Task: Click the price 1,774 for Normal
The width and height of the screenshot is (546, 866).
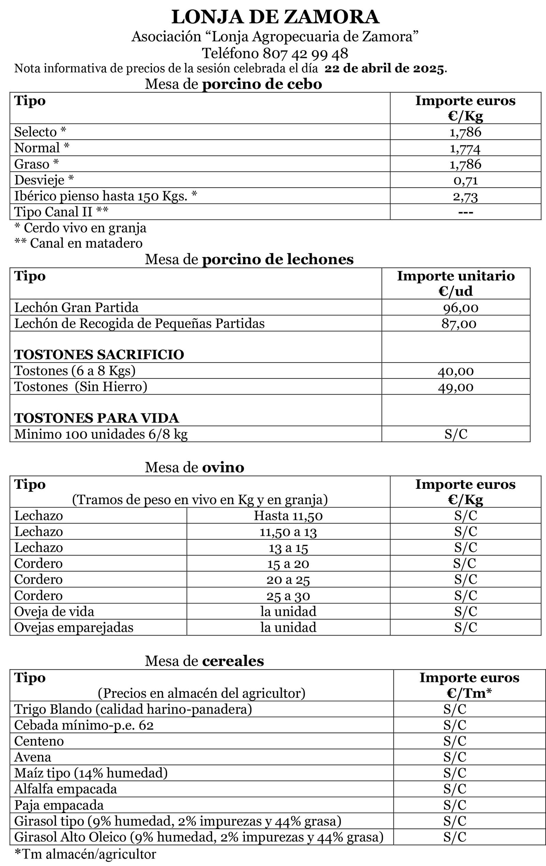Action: click(465, 148)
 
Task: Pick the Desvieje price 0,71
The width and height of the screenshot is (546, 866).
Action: click(465, 180)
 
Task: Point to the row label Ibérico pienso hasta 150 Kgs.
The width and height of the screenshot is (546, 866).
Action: click(105, 196)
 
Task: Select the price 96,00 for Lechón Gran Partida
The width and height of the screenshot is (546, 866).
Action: click(460, 308)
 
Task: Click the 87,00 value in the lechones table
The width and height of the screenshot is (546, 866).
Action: click(459, 324)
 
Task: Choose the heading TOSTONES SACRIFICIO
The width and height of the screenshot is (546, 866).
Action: click(99, 355)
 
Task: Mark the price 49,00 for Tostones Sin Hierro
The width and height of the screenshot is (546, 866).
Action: click(456, 387)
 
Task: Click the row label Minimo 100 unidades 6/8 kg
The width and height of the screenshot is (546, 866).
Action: click(101, 435)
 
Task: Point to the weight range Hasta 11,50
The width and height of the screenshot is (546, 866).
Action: click(288, 516)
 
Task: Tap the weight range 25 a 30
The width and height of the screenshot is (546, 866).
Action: click(288, 596)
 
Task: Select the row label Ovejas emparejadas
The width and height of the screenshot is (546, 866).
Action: click(74, 627)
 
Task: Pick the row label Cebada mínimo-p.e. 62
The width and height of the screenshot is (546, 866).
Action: click(84, 725)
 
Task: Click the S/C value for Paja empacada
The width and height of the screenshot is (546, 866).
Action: click(454, 805)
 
